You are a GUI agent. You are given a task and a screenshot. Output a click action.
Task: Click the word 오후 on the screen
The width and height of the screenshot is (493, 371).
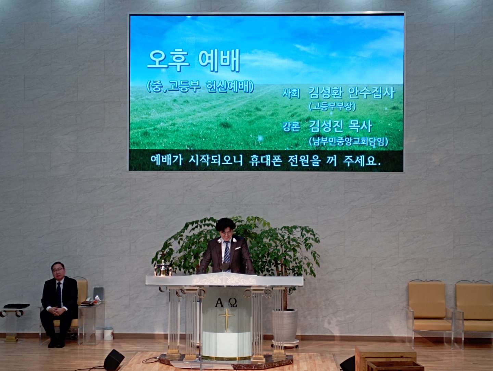(x=168, y=60)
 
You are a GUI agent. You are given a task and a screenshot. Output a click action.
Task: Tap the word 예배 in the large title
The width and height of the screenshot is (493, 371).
(x=219, y=60)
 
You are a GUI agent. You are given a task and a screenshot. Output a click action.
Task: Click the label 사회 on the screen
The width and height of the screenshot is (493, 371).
(x=291, y=93)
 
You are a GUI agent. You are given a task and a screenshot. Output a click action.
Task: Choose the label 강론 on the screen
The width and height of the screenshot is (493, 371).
(x=291, y=127)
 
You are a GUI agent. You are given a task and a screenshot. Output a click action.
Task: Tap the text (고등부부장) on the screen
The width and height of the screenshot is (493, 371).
(x=332, y=106)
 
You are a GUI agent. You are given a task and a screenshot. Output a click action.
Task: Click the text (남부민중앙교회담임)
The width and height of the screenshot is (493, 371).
(x=349, y=141)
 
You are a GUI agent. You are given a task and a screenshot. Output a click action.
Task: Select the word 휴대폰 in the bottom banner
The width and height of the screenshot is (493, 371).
(x=265, y=161)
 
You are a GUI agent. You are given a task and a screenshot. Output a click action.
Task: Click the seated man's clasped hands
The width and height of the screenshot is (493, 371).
(x=55, y=310)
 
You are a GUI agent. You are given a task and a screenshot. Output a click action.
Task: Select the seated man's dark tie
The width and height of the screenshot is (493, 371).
(x=59, y=294)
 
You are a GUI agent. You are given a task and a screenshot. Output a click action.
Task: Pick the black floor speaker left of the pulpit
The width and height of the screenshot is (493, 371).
(x=114, y=360)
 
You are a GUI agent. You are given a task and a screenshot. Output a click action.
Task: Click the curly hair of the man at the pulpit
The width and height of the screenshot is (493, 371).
(x=226, y=225)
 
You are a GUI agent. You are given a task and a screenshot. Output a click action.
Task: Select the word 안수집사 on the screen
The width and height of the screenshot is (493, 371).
(x=371, y=93)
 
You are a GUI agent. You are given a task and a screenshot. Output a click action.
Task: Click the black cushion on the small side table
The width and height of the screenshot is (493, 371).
(x=17, y=306)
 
